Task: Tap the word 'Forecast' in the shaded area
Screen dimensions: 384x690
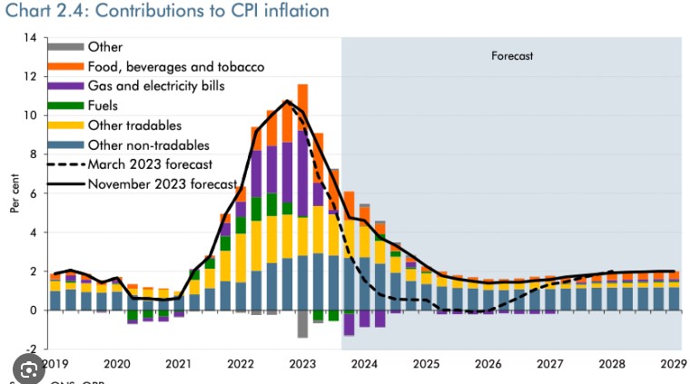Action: [512, 56]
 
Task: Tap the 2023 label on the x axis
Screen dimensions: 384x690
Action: [302, 364]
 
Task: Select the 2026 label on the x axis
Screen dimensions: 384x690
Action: [488, 364]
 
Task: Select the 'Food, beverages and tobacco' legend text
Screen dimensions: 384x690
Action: [176, 66]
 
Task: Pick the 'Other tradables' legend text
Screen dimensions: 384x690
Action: [134, 125]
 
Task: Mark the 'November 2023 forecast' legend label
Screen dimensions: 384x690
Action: [163, 183]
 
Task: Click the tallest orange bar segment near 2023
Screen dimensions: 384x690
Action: [302, 98]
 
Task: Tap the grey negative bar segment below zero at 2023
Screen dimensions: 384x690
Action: [302, 324]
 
